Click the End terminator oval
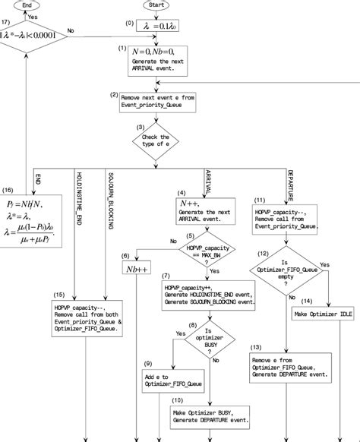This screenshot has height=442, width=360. [27, 5]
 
